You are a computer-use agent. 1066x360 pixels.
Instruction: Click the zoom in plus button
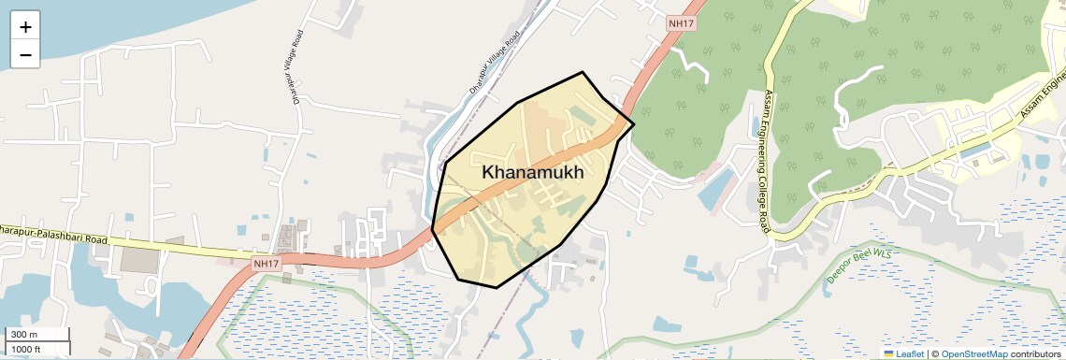pos(25,27)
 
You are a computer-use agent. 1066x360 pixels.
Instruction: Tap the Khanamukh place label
pos(533,173)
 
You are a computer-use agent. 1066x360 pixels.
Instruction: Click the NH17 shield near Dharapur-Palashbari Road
pos(266,265)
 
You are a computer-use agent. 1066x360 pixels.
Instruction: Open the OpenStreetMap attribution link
pos(973,353)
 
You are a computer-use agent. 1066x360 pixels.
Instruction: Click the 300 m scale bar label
pos(23,335)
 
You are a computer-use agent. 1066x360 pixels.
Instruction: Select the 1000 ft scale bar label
pos(26,349)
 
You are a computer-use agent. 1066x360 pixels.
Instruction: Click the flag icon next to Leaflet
pos(888,353)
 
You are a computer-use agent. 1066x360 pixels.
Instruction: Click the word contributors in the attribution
pos(1035,353)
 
